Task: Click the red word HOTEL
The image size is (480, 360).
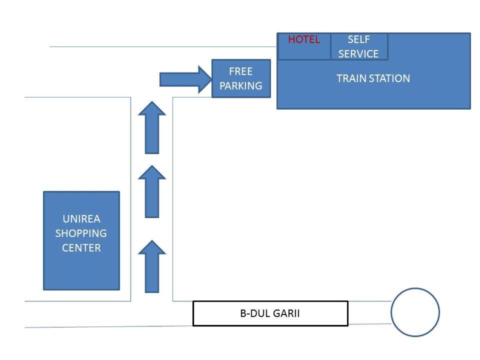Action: [x=303, y=39]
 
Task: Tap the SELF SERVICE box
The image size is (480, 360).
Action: [x=358, y=46]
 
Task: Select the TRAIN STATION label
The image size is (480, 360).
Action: [x=373, y=78]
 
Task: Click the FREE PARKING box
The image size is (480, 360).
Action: [x=241, y=78]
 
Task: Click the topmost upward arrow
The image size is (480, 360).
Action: [x=151, y=127]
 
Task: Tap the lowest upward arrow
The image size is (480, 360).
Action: [x=151, y=266]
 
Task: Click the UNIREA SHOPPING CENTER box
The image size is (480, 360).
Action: [x=81, y=240]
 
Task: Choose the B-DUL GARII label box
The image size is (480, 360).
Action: [x=270, y=313]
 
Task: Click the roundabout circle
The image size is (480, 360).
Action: [x=415, y=312]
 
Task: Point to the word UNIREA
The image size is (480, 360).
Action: [x=81, y=219]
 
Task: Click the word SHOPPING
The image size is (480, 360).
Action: [x=81, y=233]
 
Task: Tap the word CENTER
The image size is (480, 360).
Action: [x=81, y=248]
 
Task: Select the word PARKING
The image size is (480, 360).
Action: [x=241, y=86]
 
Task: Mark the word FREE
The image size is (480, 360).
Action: [x=241, y=71]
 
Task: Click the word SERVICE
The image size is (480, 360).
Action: [x=358, y=54]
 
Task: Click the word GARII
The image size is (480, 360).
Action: [x=286, y=314]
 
